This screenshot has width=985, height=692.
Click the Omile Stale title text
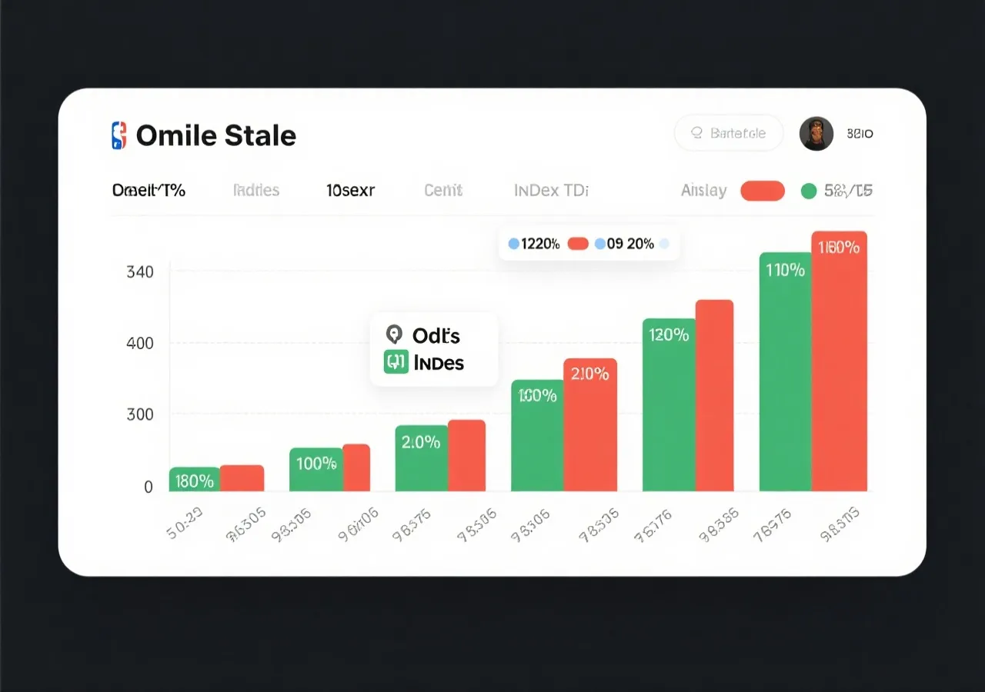(x=215, y=136)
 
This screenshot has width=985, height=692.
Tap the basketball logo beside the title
(x=118, y=135)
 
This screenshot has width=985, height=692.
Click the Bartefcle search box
(x=728, y=133)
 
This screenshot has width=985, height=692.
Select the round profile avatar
(x=816, y=134)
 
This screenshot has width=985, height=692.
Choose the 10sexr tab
(x=350, y=190)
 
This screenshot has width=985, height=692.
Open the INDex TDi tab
(x=551, y=190)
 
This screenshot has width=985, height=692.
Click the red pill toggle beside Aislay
(x=762, y=191)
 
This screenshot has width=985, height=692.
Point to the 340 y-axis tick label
(x=139, y=271)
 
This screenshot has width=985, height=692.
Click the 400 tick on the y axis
(x=139, y=343)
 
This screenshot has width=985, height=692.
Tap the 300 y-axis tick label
(x=139, y=414)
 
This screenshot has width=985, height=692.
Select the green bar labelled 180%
(x=194, y=480)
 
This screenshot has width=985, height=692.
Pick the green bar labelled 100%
(x=316, y=469)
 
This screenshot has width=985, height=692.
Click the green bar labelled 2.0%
(x=421, y=458)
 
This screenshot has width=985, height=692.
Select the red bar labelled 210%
(x=590, y=424)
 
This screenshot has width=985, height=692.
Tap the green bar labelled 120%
(x=669, y=404)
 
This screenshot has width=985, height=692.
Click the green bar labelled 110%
(x=785, y=371)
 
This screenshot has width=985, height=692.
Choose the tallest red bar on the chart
(x=840, y=361)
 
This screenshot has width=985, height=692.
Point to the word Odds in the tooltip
(x=436, y=335)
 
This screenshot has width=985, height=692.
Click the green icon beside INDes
(x=395, y=361)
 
